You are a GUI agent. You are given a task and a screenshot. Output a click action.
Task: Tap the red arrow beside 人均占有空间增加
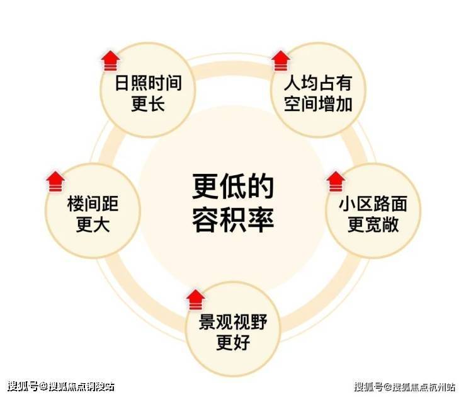click(x=280, y=61)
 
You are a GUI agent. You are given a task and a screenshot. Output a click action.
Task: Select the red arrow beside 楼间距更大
click(x=55, y=181)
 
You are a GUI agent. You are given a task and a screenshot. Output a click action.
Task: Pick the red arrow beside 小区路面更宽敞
click(x=336, y=181)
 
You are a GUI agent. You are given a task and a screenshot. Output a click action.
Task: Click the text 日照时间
click(x=148, y=83)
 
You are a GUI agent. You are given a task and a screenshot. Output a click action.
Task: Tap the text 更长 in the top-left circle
click(x=148, y=103)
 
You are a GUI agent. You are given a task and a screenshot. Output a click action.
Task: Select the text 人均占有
click(x=317, y=83)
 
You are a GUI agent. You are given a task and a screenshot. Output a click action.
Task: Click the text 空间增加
click(x=317, y=103)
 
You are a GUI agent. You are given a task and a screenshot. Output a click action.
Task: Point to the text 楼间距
click(x=93, y=204)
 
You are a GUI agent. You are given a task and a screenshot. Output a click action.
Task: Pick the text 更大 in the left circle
click(x=93, y=225)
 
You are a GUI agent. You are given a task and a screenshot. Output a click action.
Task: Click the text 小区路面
click(x=373, y=204)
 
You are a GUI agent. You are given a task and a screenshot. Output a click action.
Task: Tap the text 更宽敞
click(x=373, y=225)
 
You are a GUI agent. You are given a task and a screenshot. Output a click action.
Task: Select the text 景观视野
click(x=233, y=322)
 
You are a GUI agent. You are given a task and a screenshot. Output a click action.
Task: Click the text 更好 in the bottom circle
click(x=233, y=343)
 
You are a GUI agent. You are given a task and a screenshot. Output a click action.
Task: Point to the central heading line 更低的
click(x=233, y=187)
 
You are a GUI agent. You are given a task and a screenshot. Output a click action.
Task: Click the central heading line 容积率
click(x=233, y=219)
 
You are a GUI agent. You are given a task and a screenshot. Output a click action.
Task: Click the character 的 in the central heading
click(x=261, y=187)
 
